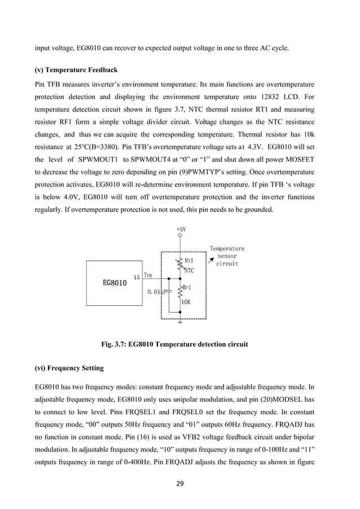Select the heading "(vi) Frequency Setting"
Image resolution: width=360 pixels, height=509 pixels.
(69, 368)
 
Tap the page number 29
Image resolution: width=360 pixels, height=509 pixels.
(179, 483)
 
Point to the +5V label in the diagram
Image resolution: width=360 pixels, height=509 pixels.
(181, 230)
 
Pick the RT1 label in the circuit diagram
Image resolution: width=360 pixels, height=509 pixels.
(190, 261)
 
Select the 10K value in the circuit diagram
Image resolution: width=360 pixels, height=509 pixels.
(186, 302)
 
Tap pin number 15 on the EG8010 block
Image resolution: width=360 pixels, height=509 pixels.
(137, 277)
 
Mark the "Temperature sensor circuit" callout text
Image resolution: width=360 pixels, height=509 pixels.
(227, 256)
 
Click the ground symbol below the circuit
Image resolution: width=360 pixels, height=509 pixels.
(179, 323)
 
